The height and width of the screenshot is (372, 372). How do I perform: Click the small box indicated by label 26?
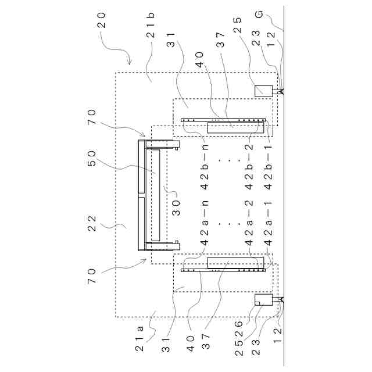(264, 300)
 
